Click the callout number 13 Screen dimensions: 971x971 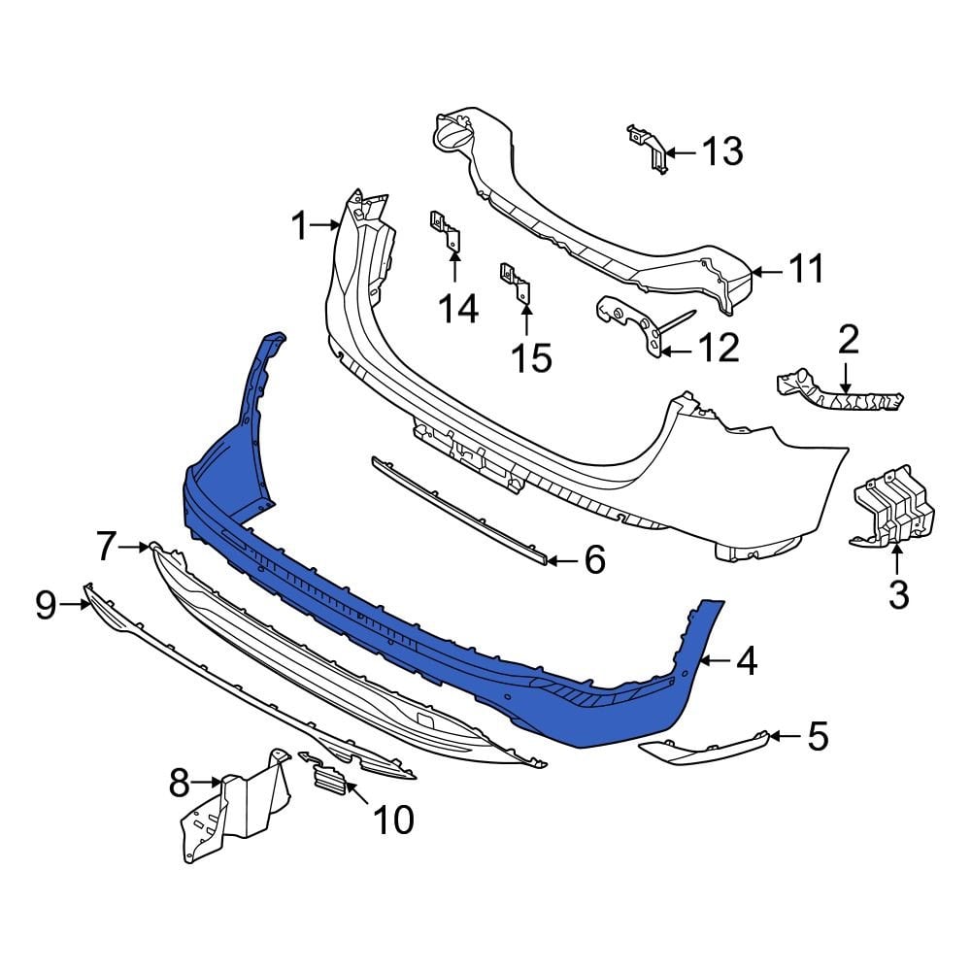pyautogui.click(x=721, y=151)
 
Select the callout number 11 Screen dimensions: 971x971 pyautogui.click(x=805, y=269)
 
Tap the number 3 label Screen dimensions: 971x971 pyautogui.click(x=898, y=593)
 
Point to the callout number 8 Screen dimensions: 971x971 pyautogui.click(x=179, y=782)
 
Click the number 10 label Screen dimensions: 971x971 pyautogui.click(x=393, y=820)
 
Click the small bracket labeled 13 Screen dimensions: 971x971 pyautogui.click(x=650, y=150)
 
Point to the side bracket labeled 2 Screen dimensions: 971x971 pyautogui.click(x=840, y=392)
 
